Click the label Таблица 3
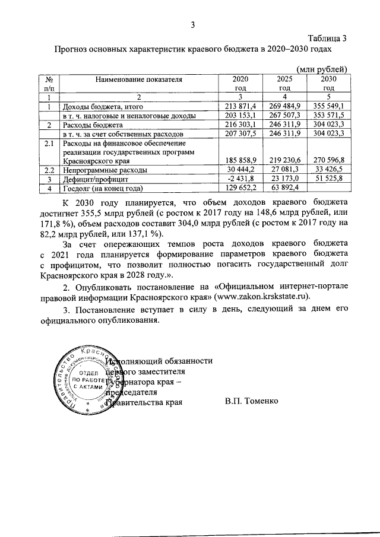coord(327,39)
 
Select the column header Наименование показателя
coord(138,78)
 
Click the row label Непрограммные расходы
coord(96,170)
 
